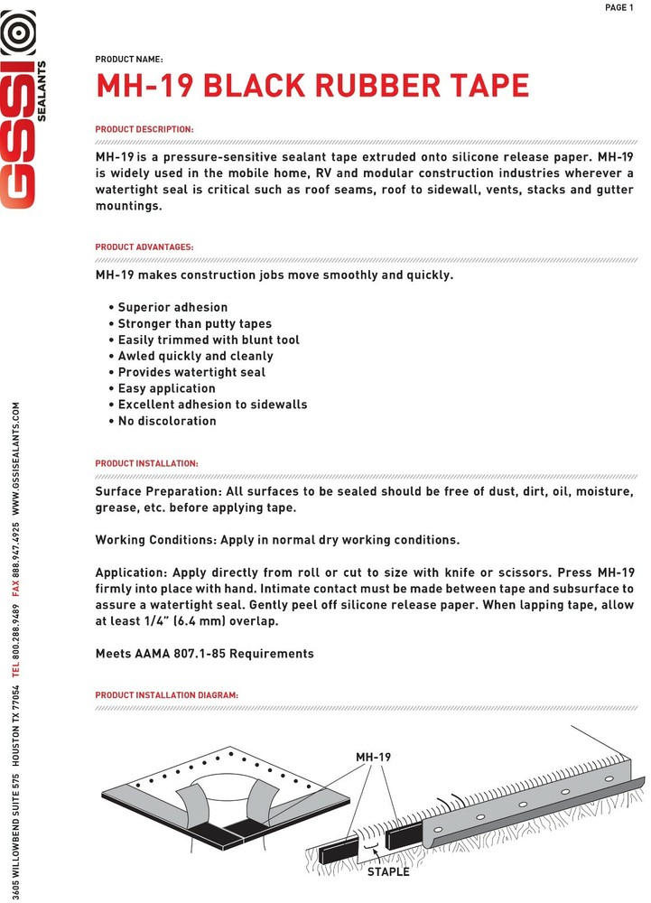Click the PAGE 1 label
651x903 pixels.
619,8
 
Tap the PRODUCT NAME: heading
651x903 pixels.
129,60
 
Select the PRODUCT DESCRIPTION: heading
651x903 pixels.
144,130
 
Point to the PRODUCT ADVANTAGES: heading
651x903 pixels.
144,247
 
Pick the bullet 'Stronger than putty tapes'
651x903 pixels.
194,324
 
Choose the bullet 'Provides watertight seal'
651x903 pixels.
191,372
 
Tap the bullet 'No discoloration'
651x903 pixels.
167,421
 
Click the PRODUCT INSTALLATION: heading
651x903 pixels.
147,463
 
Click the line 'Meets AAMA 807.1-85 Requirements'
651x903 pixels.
204,653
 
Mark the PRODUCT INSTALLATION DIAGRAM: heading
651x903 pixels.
167,695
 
